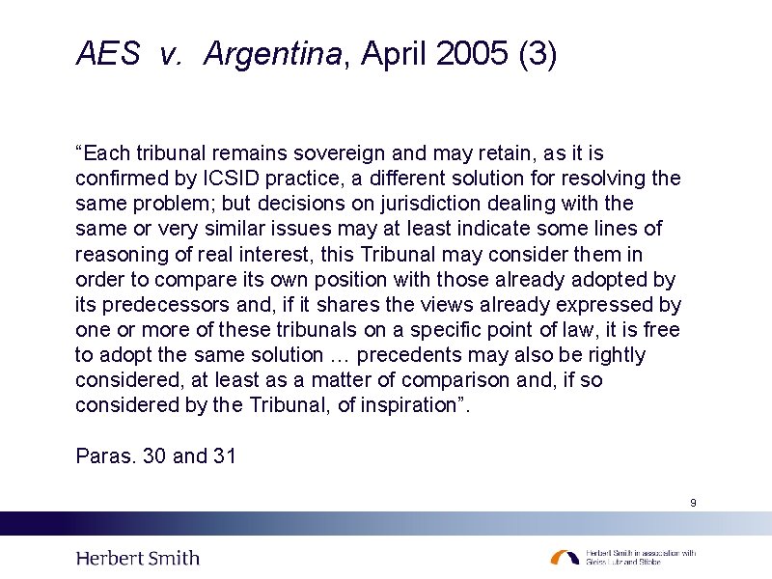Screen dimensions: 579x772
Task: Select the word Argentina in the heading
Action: [x=273, y=55]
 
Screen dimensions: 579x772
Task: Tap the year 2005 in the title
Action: [x=472, y=55]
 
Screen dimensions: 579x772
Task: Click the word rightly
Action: [x=616, y=355]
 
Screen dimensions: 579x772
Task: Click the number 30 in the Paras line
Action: [x=154, y=455]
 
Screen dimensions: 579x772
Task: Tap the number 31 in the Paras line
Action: [x=224, y=455]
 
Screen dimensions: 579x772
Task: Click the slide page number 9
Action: [x=693, y=503]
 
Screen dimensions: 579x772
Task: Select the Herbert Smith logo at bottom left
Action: [x=138, y=558]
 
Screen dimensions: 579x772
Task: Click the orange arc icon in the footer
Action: [x=565, y=558]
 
